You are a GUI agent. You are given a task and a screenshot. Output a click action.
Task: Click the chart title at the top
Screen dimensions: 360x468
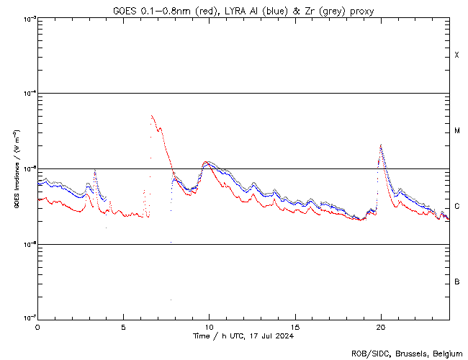243,11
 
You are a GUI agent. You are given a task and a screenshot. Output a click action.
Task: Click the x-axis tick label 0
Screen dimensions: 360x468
37,326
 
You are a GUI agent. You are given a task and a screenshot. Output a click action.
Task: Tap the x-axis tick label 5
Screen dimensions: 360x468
123,326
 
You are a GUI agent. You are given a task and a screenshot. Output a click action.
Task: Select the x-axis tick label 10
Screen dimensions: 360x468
209,326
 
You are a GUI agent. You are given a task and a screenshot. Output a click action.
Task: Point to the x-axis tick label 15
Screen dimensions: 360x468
295,326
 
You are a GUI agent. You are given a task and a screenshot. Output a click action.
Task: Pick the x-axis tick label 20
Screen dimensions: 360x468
381,326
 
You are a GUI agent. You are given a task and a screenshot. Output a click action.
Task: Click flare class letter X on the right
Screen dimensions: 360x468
457,55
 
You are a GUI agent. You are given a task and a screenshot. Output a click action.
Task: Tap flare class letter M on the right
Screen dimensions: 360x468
457,131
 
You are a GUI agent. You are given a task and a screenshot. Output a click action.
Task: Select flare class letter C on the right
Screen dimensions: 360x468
457,207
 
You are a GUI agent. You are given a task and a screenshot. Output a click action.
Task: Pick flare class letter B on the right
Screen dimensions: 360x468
457,282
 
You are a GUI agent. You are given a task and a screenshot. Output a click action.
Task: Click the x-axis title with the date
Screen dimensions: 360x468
243,336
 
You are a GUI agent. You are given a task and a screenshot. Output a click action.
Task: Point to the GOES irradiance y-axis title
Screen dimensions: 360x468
16,169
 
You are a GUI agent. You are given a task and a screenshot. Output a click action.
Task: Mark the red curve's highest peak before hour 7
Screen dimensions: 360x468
151,115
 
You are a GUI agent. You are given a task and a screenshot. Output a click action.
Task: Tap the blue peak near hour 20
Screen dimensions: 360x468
381,145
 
